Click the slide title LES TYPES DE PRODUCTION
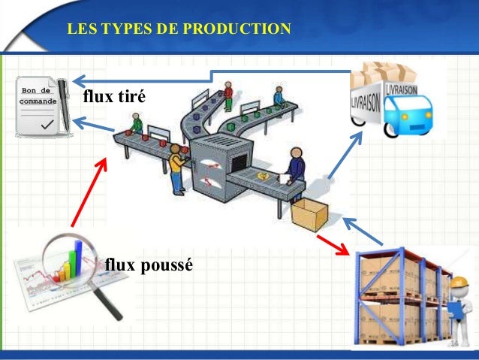(x=178, y=30)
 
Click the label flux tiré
(x=113, y=98)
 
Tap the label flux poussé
(x=149, y=265)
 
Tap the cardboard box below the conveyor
(x=309, y=214)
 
